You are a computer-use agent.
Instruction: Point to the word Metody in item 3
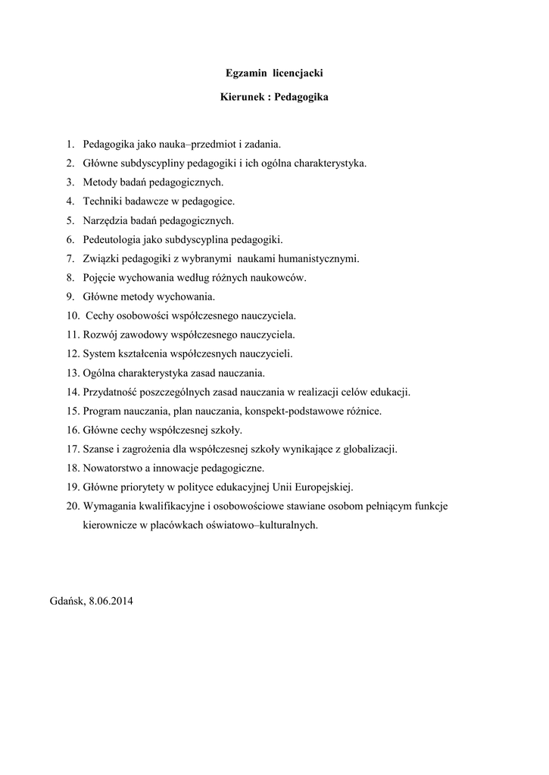pyautogui.click(x=98, y=182)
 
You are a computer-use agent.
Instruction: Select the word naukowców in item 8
pyautogui.click(x=258, y=279)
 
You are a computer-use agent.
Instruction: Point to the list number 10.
pyautogui.click(x=73, y=315)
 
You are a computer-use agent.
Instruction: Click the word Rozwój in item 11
pyautogui.click(x=99, y=335)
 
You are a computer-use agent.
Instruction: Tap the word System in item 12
pyautogui.click(x=98, y=353)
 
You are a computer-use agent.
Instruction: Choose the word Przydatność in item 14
pyautogui.click(x=111, y=392)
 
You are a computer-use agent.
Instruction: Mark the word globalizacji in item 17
pyautogui.click(x=370, y=449)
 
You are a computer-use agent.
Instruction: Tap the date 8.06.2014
pyautogui.click(x=111, y=601)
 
